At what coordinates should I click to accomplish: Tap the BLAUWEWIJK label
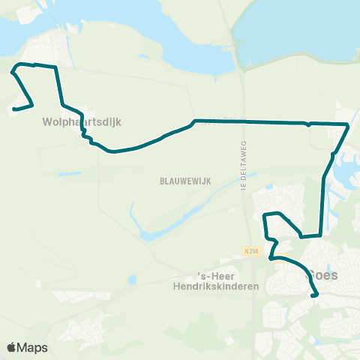pyautogui.click(x=178, y=181)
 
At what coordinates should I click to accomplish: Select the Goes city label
pyautogui.click(x=322, y=275)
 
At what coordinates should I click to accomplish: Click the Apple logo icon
pyautogui.click(x=12, y=347)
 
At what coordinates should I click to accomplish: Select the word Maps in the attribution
pyautogui.click(x=34, y=347)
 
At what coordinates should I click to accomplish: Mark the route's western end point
pyautogui.click(x=13, y=109)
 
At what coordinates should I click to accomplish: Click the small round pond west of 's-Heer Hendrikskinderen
pyautogui.click(x=133, y=280)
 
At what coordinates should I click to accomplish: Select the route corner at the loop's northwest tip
pyautogui.click(x=13, y=72)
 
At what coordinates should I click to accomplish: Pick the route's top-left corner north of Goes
pyautogui.click(x=265, y=215)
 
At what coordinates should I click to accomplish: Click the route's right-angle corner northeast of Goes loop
pyautogui.click(x=322, y=235)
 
